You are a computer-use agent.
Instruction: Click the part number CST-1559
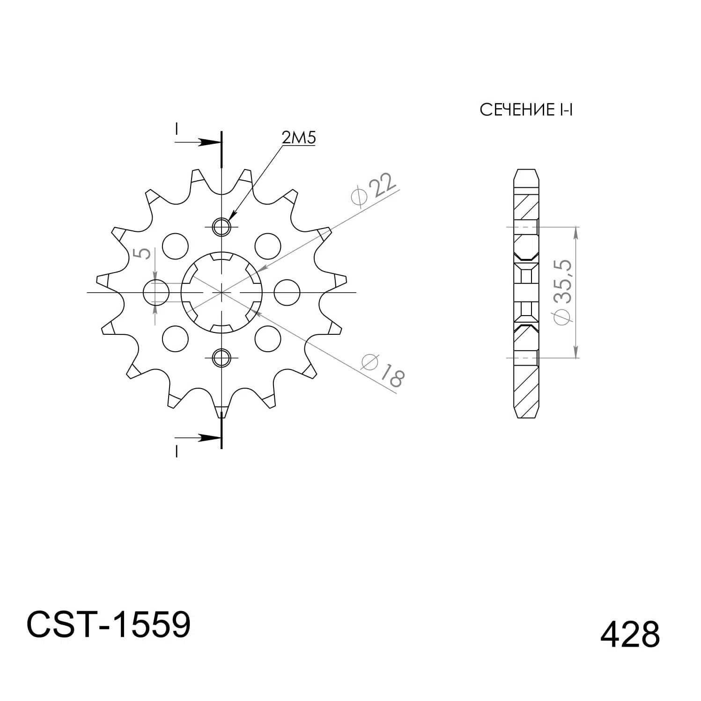point(109,625)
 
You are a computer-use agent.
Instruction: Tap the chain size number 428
point(630,635)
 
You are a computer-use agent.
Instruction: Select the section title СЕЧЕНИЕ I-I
point(526,110)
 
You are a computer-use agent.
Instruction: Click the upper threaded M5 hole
point(221,227)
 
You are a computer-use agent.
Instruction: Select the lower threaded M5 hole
point(221,358)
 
